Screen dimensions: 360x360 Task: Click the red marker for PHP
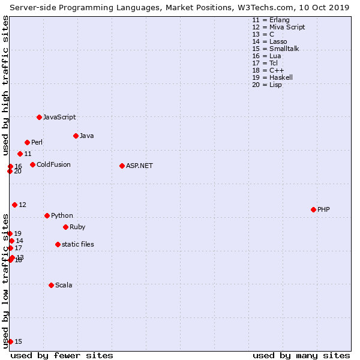point(313,209)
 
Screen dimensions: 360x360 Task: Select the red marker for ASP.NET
point(122,166)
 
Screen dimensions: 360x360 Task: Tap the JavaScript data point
point(39,117)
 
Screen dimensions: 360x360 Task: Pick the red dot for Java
point(76,136)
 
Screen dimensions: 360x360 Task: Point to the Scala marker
point(51,285)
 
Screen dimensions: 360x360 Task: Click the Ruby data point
point(65,227)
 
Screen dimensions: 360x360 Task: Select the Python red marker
point(47,215)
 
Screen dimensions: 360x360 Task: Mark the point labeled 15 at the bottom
point(10,341)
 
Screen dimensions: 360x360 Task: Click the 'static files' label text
point(77,244)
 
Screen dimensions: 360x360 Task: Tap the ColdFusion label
point(53,164)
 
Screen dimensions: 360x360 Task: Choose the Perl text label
point(37,142)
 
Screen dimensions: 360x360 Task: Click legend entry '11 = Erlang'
point(271,20)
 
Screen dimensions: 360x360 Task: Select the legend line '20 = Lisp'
point(267,85)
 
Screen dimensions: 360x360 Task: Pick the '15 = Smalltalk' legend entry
point(275,49)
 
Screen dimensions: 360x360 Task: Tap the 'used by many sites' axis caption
point(301,355)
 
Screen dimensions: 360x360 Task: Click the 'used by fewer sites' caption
point(62,355)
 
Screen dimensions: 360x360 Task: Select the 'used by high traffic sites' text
point(6,84)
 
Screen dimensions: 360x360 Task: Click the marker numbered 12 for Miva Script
point(14,205)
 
